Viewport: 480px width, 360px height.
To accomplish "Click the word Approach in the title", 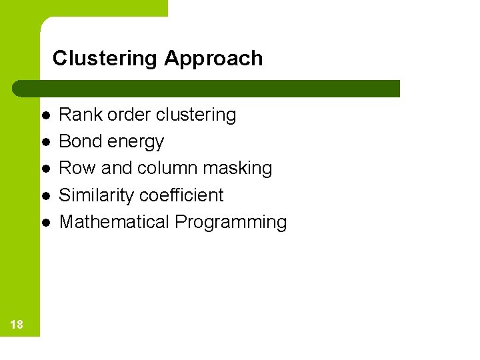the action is (213, 59).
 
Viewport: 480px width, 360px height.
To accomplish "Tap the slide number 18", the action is (17, 325).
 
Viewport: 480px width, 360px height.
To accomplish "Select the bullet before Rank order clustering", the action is (45, 115).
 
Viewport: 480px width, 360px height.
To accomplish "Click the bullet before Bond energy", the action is (45, 142).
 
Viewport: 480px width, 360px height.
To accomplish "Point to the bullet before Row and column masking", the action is (45, 169).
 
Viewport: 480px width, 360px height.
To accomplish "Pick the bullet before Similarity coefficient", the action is (45, 195).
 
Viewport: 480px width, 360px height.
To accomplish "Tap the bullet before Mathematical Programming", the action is (45, 222).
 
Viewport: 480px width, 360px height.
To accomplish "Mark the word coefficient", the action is (183, 195).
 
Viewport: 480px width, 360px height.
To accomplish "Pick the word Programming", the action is (231, 223).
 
